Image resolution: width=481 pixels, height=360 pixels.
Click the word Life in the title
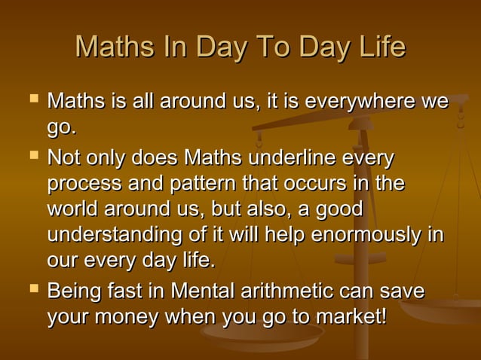click(380, 48)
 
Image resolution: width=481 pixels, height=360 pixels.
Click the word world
click(72, 209)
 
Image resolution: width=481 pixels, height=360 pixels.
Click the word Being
click(74, 291)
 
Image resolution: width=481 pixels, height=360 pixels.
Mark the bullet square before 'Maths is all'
click(32, 99)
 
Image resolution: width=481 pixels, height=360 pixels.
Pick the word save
click(402, 291)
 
